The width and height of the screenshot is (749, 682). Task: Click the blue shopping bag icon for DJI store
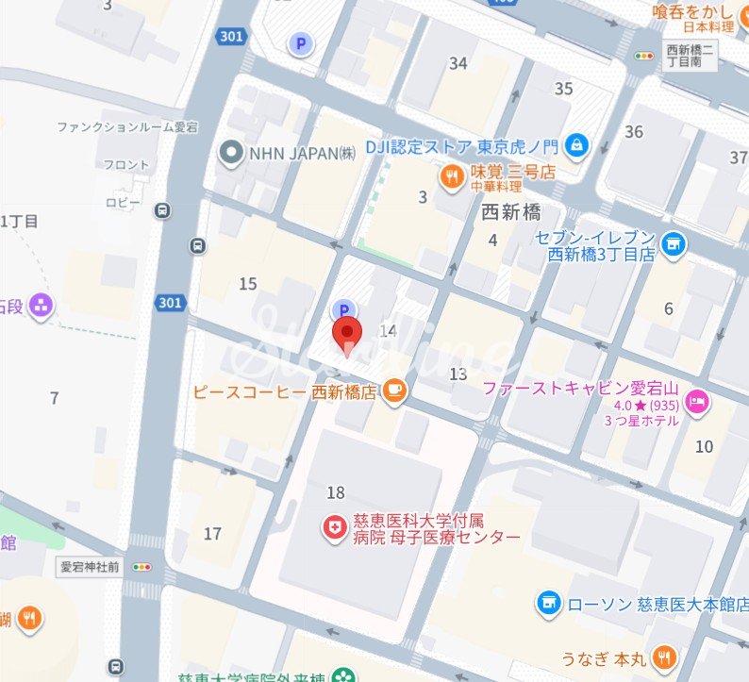pos(577,145)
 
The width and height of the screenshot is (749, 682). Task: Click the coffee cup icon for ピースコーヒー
pos(394,391)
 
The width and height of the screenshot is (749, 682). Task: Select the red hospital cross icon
pos(334,528)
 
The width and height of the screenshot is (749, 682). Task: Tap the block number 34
pos(458,63)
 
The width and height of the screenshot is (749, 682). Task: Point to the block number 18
pos(335,492)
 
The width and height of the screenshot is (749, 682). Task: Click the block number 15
pos(248,284)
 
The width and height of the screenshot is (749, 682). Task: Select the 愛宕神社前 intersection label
pos(91,567)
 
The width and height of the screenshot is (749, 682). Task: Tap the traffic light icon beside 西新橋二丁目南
pos(646,57)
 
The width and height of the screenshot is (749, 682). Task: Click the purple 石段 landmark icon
pos(41,305)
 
